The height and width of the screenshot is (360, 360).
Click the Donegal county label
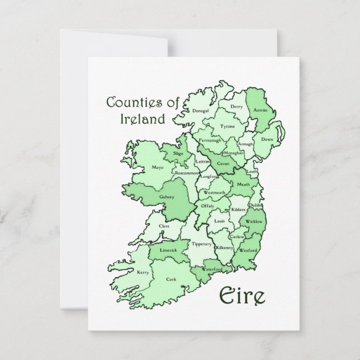click(200, 111)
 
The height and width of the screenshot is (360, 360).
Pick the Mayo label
click(142, 167)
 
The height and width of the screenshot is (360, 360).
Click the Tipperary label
click(201, 244)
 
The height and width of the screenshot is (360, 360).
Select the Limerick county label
click(167, 250)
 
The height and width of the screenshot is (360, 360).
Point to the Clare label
click(164, 226)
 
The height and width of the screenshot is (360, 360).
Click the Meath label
click(244, 184)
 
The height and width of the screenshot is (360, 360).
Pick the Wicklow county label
click(254, 221)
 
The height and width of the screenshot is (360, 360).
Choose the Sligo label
click(178, 153)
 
